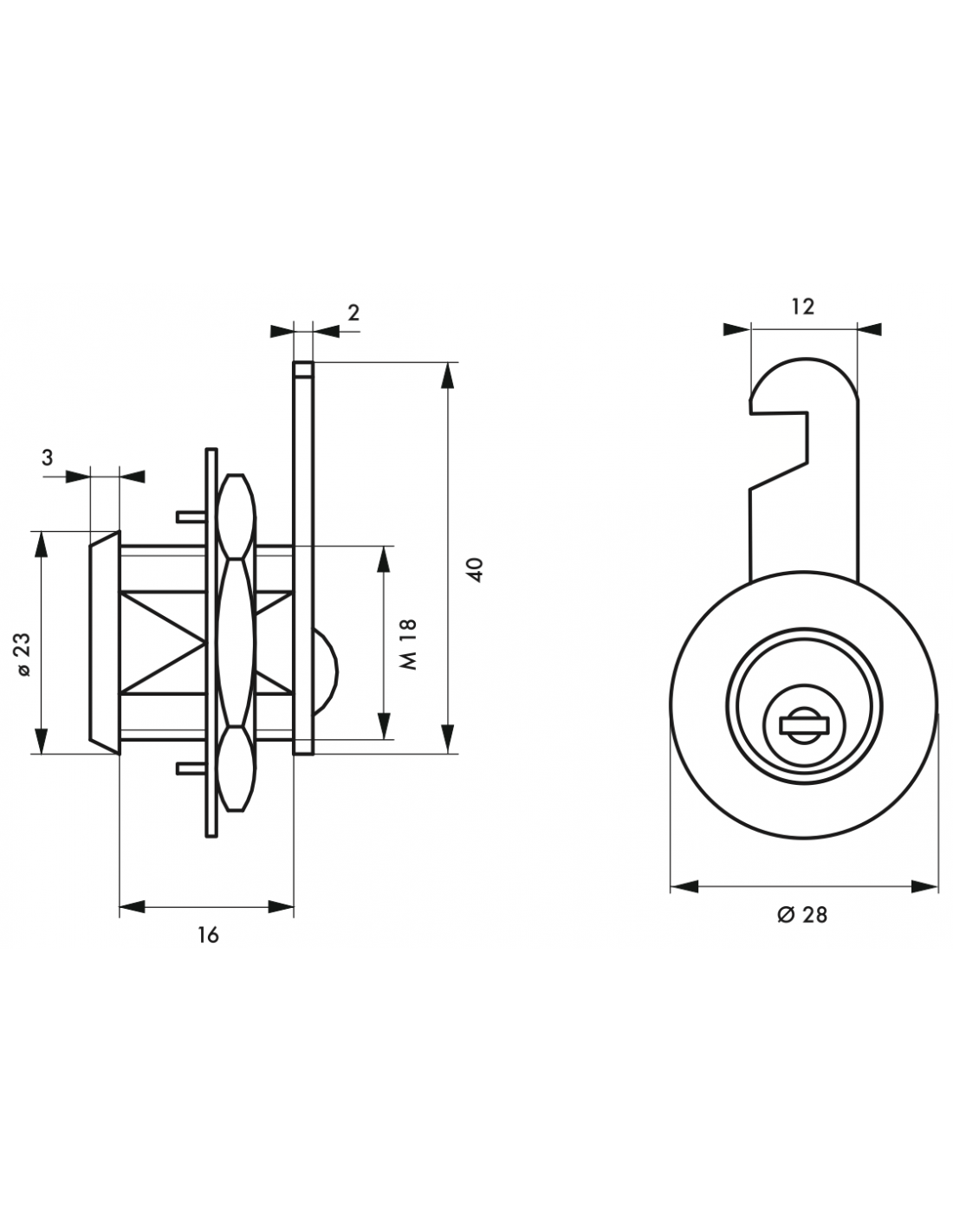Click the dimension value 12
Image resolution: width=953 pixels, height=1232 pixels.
coord(803,307)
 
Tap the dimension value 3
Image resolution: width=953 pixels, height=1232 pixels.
coord(48,457)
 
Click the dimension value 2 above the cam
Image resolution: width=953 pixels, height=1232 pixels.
coord(353,313)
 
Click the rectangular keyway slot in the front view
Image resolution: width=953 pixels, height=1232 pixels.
coord(805,724)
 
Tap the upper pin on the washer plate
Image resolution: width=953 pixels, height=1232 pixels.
coord(191,516)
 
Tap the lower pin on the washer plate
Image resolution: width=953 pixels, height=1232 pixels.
coord(191,768)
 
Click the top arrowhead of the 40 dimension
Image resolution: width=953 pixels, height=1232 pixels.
coord(448,375)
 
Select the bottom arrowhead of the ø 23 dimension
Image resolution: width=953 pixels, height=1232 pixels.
coord(41,741)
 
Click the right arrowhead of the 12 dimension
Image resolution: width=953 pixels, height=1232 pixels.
coord(869,329)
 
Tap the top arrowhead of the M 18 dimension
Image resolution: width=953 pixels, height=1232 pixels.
coord(384,561)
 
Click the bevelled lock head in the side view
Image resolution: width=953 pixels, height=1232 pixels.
coord(104,642)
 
